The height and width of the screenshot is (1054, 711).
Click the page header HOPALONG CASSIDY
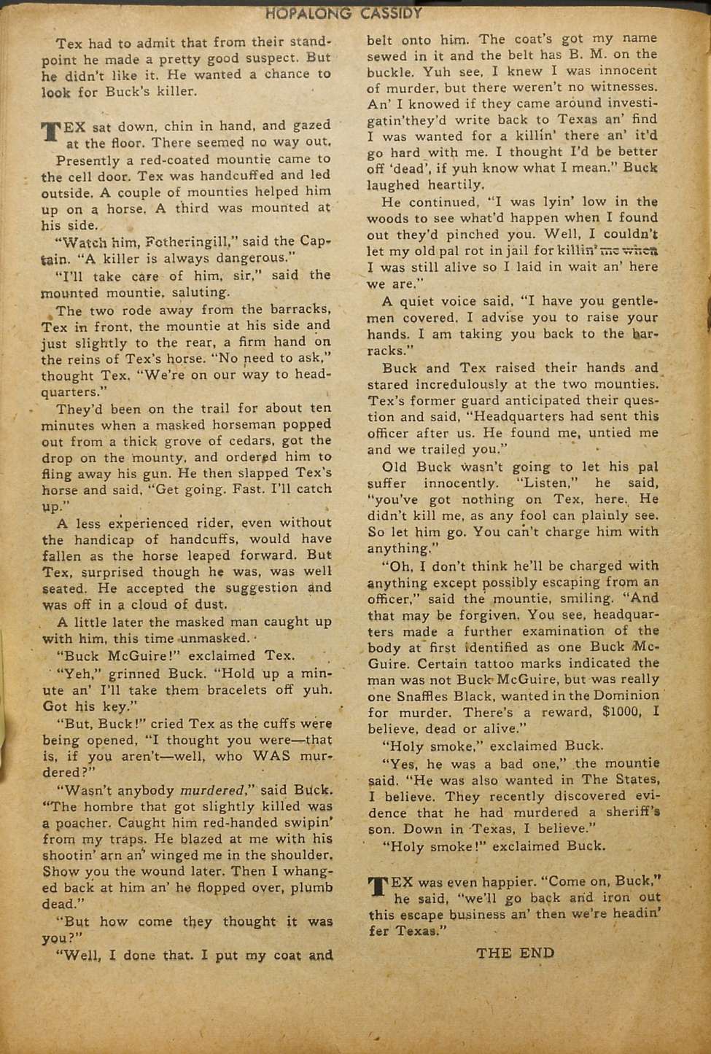point(344,12)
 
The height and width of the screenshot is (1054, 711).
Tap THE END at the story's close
point(515,953)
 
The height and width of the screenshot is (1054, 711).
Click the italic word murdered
point(212,789)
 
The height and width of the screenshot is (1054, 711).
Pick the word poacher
point(79,823)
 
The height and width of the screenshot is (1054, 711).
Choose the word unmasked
point(215,639)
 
